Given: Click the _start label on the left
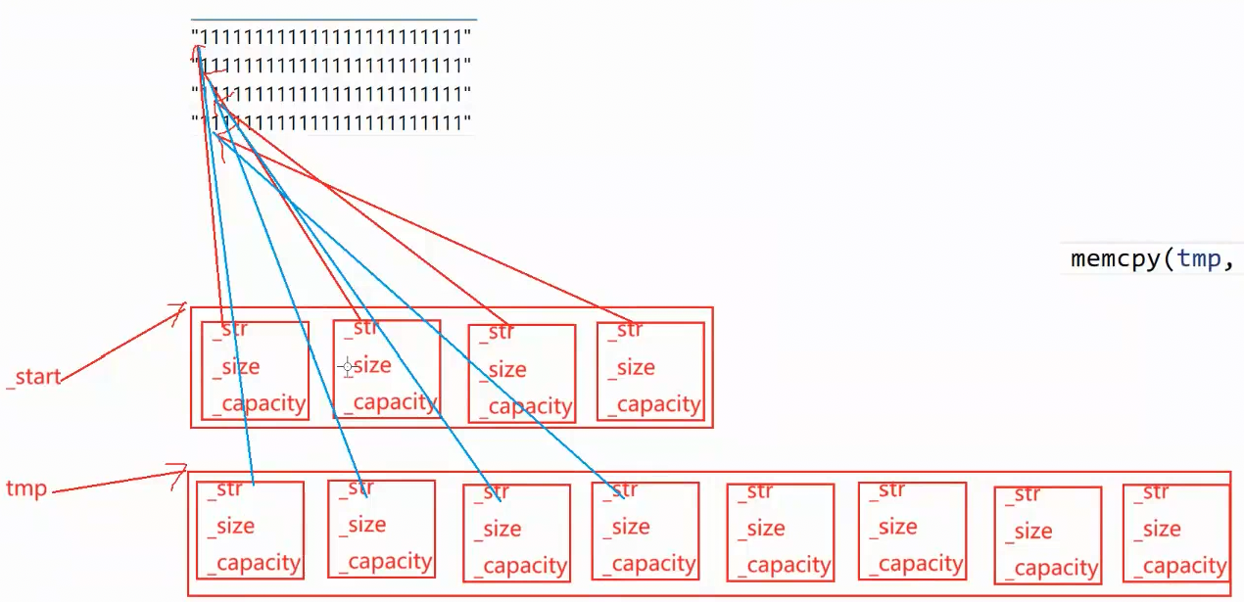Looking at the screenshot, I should click(x=34, y=377).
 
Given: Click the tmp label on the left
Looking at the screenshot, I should click(x=26, y=488).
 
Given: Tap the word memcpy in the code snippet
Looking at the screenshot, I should click(x=1115, y=258).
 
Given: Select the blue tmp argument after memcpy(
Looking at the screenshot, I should click(x=1198, y=258).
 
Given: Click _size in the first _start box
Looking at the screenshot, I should click(x=236, y=367).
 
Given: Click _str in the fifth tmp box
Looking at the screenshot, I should click(x=755, y=491).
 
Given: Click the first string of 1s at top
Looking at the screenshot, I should click(x=333, y=37).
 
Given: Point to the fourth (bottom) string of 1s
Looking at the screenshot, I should click(x=333, y=123).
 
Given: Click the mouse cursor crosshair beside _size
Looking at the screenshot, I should click(x=347, y=367).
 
